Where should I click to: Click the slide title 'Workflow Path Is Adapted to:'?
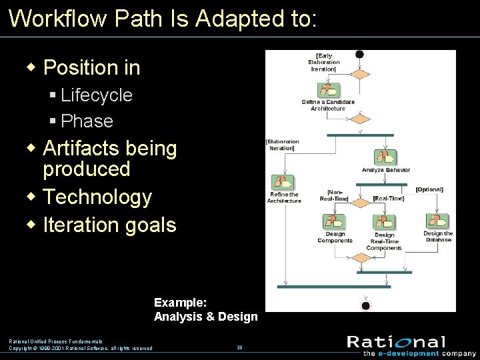[x=163, y=19]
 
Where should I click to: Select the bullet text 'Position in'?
[x=91, y=67]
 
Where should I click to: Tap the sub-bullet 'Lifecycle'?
[x=96, y=95]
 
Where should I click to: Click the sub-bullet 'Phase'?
[x=87, y=121]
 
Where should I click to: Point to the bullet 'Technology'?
[x=97, y=197]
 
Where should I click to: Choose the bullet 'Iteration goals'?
[x=109, y=225]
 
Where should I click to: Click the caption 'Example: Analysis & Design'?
[x=205, y=310]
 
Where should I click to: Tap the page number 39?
[x=239, y=347]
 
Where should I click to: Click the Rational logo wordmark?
[x=396, y=342]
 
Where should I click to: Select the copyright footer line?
[x=80, y=348]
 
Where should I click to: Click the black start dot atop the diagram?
[x=360, y=55]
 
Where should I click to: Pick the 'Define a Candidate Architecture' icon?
[x=329, y=90]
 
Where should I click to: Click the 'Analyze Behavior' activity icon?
[x=385, y=157]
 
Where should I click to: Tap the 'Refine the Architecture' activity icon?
[x=283, y=183]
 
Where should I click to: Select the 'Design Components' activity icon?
[x=335, y=222]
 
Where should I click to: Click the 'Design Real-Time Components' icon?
[x=384, y=223]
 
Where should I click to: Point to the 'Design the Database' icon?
[x=437, y=221]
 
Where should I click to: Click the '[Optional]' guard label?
[x=429, y=189]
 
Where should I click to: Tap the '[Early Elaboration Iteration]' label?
[x=324, y=62]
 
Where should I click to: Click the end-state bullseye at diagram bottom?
[x=365, y=306]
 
